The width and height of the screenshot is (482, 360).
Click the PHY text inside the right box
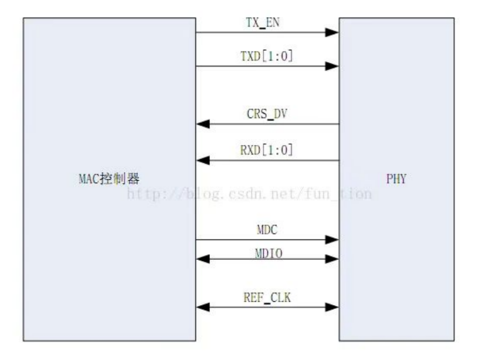396,179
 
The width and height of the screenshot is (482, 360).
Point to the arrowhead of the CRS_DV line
203,124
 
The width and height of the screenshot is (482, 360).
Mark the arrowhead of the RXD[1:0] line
203,160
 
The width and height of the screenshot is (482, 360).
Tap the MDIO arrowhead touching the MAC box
203,258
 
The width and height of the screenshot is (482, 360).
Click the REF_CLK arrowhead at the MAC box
203,307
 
